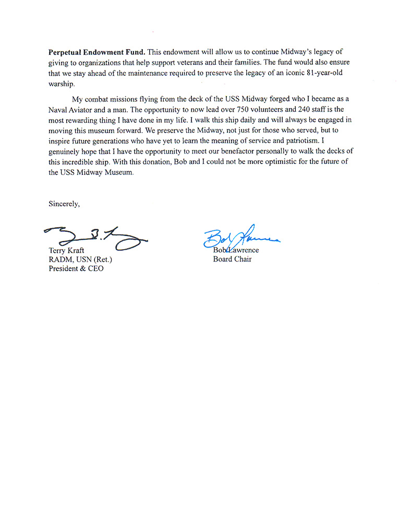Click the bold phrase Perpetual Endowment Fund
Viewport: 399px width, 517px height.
pos(97,52)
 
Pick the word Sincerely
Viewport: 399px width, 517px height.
pos(64,204)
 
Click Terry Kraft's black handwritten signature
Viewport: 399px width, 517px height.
pos(96,238)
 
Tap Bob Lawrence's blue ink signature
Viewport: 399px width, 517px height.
pos(241,238)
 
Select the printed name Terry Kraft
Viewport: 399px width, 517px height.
pos(66,250)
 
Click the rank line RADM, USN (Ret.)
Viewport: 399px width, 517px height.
pos(80,260)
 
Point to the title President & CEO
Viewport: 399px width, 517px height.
pos(76,269)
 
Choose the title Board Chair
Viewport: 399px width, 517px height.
pos(232,259)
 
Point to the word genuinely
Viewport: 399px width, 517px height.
pos(66,151)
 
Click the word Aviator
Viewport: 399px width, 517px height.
pos(84,109)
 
